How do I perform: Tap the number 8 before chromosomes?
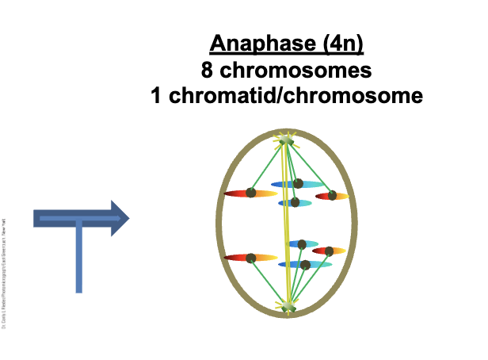pyautogui.click(x=208, y=70)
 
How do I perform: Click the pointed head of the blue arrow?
pyautogui.click(x=119, y=218)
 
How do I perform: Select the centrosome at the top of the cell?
pyautogui.click(x=286, y=140)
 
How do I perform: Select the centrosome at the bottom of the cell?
pyautogui.click(x=288, y=306)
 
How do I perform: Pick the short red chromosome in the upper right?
pyautogui.click(x=332, y=196)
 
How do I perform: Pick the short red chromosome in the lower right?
pyautogui.click(x=328, y=251)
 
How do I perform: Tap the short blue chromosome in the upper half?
pyautogui.click(x=295, y=203)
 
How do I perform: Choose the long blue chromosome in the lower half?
pyautogui.click(x=304, y=264)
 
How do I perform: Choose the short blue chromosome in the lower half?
pyautogui.click(x=302, y=244)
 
